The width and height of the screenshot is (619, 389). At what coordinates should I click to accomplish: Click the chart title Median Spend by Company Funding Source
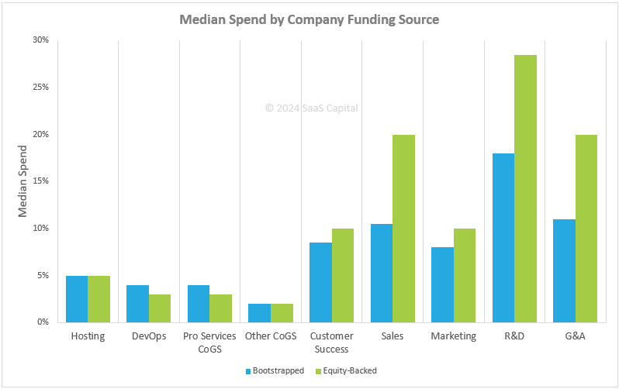click(x=309, y=19)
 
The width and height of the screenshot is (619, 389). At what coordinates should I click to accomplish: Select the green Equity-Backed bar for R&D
click(x=525, y=188)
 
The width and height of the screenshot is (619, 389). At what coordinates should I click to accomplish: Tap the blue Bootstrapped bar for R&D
click(x=503, y=237)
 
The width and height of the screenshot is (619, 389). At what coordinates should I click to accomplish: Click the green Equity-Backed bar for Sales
click(x=403, y=228)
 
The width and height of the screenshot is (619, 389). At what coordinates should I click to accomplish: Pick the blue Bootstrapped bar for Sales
click(x=381, y=273)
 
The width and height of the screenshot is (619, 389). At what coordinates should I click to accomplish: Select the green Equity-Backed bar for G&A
click(x=586, y=228)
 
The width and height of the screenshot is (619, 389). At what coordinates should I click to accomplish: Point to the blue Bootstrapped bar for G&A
click(x=564, y=270)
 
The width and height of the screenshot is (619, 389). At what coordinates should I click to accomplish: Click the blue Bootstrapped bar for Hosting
click(x=77, y=298)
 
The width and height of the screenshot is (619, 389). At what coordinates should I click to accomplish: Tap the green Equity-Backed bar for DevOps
click(x=160, y=308)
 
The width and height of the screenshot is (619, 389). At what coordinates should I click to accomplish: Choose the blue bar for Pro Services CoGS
click(x=199, y=303)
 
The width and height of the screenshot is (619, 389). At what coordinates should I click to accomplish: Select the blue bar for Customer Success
click(x=320, y=282)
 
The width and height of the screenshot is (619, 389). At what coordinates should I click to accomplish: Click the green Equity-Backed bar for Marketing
click(x=465, y=275)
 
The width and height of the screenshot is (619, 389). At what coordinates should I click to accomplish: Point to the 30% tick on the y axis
click(x=41, y=40)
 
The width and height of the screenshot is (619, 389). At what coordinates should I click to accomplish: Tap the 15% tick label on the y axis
click(x=41, y=181)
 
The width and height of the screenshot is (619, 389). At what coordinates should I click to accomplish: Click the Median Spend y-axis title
click(x=23, y=181)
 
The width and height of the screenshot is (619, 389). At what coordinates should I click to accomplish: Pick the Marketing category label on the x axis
click(x=453, y=336)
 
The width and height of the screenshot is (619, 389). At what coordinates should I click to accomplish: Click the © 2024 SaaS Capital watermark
click(x=311, y=108)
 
